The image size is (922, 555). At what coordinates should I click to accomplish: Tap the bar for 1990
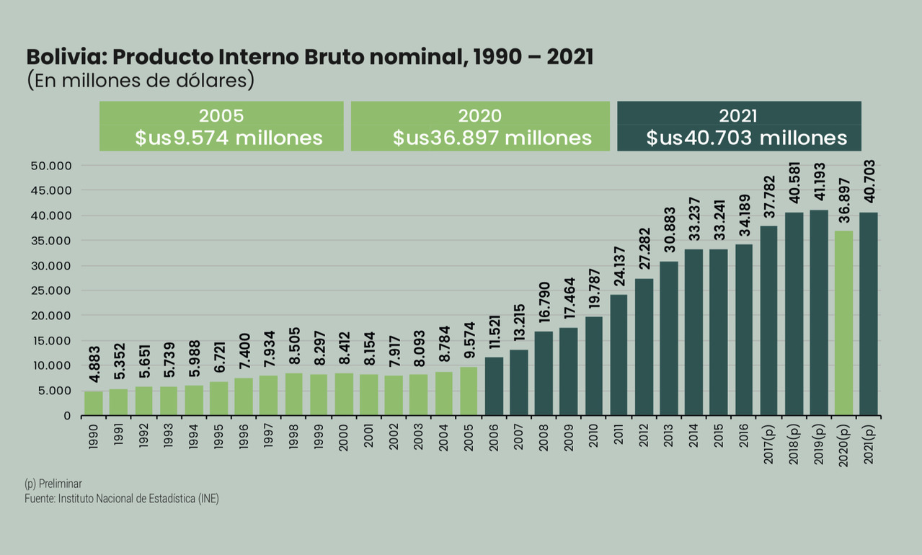[x=94, y=403]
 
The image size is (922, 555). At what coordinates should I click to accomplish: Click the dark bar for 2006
[x=494, y=386]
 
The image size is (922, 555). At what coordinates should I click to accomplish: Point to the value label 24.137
[x=619, y=265]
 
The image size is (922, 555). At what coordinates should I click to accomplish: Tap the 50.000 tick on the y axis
[x=52, y=166]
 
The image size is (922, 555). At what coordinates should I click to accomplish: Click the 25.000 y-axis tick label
[x=52, y=290]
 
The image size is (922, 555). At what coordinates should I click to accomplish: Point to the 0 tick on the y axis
[x=67, y=416]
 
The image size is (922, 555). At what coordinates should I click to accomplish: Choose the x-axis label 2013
[x=668, y=441]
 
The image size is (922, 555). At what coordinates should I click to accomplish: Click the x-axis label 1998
[x=293, y=441]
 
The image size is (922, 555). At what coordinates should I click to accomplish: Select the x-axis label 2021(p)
[x=868, y=447]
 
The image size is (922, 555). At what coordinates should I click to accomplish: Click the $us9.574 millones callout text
[x=229, y=138]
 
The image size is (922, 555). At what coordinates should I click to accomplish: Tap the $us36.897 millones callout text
[x=492, y=138]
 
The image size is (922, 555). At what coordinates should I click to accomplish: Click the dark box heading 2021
[x=738, y=116]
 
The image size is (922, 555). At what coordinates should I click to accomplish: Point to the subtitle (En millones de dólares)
[x=141, y=80]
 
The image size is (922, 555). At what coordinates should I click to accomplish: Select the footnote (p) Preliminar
[x=53, y=484]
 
